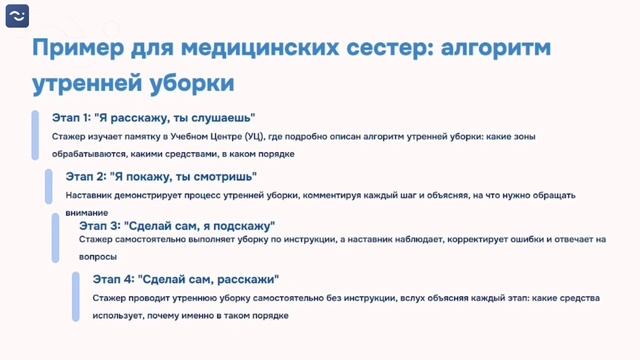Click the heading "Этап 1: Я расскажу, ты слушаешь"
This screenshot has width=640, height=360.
154,118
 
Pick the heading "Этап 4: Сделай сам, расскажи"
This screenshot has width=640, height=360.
186,278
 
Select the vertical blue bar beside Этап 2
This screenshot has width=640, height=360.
48,187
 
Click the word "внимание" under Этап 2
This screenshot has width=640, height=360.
85,212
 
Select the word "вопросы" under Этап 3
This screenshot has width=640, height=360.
98,256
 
